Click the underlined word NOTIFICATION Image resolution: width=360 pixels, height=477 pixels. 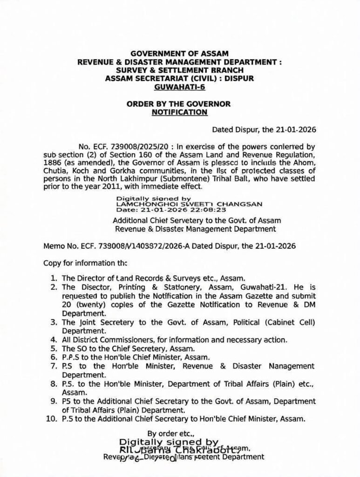tap(180, 112)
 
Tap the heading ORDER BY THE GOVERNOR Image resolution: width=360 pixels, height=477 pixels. tap(179, 104)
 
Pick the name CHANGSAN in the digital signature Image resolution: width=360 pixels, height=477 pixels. tap(242, 204)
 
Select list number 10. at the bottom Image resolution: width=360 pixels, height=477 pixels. tap(52, 419)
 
